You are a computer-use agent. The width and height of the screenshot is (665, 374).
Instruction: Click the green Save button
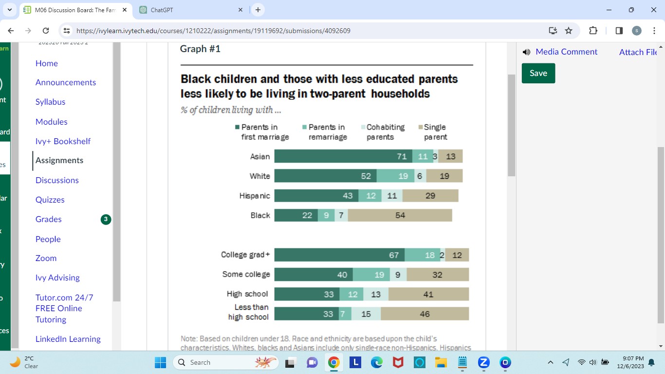tap(538, 73)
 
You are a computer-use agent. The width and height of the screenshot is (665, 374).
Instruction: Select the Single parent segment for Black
tap(400, 215)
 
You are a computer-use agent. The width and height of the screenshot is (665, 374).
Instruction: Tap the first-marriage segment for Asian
tap(343, 156)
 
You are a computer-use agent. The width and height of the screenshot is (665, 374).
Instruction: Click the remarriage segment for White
tap(395, 176)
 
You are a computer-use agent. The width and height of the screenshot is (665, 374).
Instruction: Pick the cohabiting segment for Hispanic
tap(392, 196)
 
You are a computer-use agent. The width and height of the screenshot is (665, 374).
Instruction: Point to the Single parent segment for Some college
tap(437, 275)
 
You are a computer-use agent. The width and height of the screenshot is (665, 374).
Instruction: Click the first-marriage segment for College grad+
tap(339, 255)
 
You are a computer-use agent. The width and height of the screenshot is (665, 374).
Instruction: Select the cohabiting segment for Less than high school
tap(366, 314)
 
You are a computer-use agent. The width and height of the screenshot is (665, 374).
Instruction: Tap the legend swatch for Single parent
tap(420, 127)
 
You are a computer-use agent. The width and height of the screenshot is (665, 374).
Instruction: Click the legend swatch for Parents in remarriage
tap(305, 127)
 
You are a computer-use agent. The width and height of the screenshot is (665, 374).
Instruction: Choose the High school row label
tap(247, 294)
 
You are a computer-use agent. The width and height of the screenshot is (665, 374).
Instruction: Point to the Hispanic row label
tap(255, 196)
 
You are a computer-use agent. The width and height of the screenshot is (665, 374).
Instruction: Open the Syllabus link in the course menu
tap(50, 102)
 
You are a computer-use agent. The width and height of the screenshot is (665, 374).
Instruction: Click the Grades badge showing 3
tap(106, 220)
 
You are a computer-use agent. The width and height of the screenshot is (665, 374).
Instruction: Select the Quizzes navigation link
tap(50, 200)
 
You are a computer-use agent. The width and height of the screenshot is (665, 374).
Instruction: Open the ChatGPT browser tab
tap(190, 10)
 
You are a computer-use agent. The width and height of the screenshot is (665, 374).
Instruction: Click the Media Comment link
tap(566, 52)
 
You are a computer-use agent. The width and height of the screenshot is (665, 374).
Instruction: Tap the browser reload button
tap(46, 31)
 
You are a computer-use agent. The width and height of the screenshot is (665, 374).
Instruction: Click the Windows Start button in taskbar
tap(160, 362)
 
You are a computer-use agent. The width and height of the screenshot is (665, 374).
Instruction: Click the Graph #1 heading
tap(200, 49)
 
